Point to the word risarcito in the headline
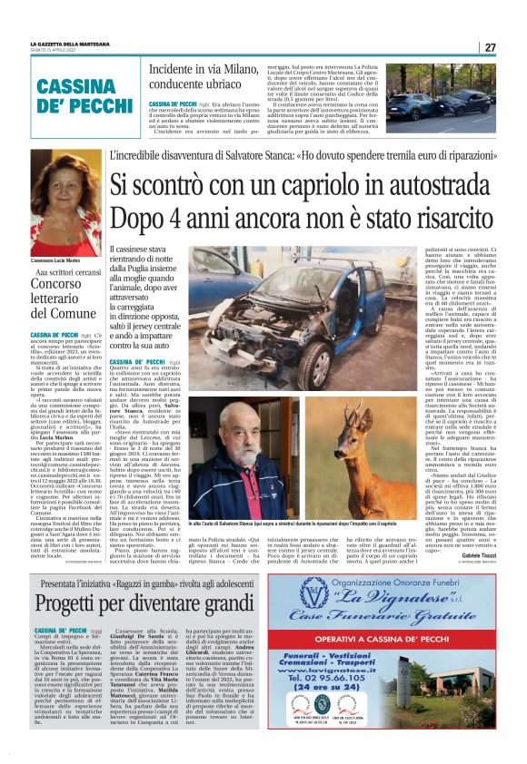click(451, 218)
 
